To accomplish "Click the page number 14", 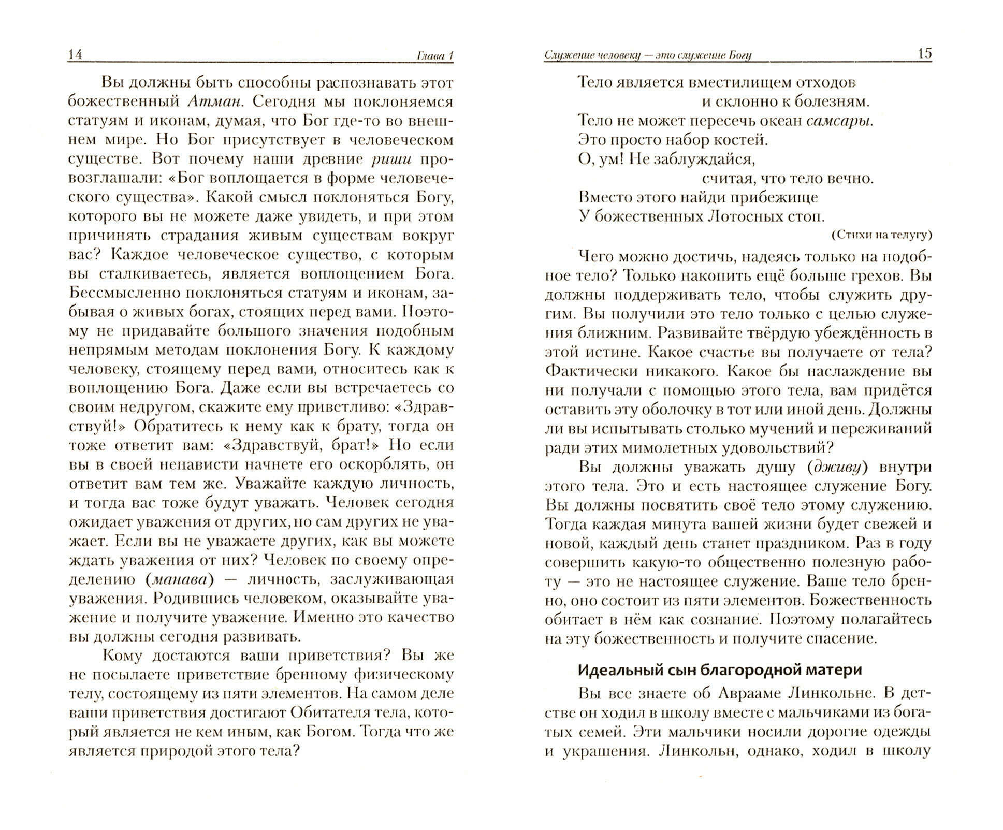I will (x=76, y=55).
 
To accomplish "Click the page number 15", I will (x=924, y=53).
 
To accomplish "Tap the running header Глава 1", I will (x=434, y=56).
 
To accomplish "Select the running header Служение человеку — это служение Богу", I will (x=647, y=55).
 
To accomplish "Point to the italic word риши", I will (x=391, y=159).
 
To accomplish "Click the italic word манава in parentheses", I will (x=180, y=579).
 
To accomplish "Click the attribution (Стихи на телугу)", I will (x=881, y=235).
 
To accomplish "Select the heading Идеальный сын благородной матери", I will (x=720, y=669).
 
